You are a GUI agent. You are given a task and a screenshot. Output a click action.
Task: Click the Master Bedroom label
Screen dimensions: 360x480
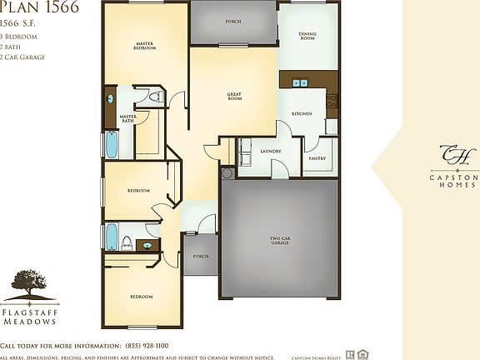tap(145, 46)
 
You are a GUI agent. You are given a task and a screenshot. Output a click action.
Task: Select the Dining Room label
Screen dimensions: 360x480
tap(307, 36)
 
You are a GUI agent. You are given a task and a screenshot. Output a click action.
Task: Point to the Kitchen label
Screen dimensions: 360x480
tap(301, 113)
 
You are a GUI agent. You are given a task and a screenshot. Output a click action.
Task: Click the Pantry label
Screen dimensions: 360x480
tap(317, 157)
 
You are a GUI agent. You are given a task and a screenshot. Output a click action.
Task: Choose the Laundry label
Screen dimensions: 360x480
tap(270, 151)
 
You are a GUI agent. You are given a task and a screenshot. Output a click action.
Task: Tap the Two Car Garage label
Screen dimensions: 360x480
tap(279, 242)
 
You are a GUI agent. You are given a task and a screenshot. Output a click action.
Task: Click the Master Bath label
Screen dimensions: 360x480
tap(127, 118)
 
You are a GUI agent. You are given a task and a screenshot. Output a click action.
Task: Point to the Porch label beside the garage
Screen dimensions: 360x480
tap(200, 256)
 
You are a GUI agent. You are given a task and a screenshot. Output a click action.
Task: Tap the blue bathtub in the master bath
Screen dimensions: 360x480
tap(110, 143)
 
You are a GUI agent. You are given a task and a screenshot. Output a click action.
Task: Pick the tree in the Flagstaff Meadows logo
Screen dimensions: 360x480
tap(29, 283)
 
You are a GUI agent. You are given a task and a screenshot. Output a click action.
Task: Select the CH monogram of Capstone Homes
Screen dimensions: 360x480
tap(455, 155)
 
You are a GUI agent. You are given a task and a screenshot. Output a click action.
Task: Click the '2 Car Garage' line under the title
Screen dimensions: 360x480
tap(22, 57)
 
